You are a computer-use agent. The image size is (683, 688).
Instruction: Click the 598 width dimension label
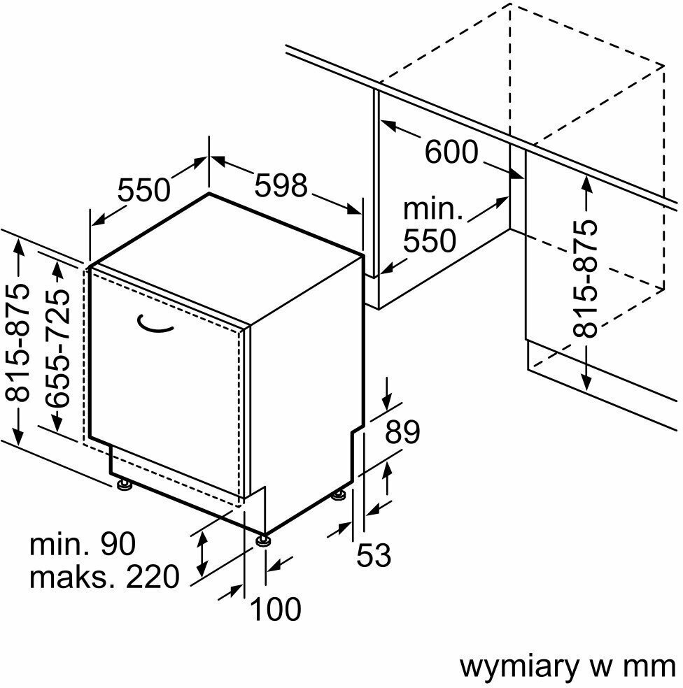pyautogui.click(x=281, y=186)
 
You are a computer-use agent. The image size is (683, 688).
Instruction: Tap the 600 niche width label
pyautogui.click(x=451, y=152)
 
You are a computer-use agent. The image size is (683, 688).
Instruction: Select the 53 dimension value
pyautogui.click(x=374, y=556)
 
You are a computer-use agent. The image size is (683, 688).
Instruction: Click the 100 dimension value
pyautogui.click(x=276, y=609)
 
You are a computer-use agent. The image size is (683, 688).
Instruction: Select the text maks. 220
pyautogui.click(x=105, y=578)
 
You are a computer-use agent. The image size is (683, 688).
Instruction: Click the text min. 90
pyautogui.click(x=83, y=544)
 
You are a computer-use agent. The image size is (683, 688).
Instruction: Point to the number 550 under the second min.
pyautogui.click(x=430, y=241)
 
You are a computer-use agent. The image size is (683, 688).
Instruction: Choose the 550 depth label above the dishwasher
pyautogui.click(x=143, y=190)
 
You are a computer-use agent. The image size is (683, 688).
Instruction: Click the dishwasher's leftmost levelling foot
pyautogui.click(x=125, y=484)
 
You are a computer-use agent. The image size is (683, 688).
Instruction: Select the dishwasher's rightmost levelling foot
pyautogui.click(x=339, y=495)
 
